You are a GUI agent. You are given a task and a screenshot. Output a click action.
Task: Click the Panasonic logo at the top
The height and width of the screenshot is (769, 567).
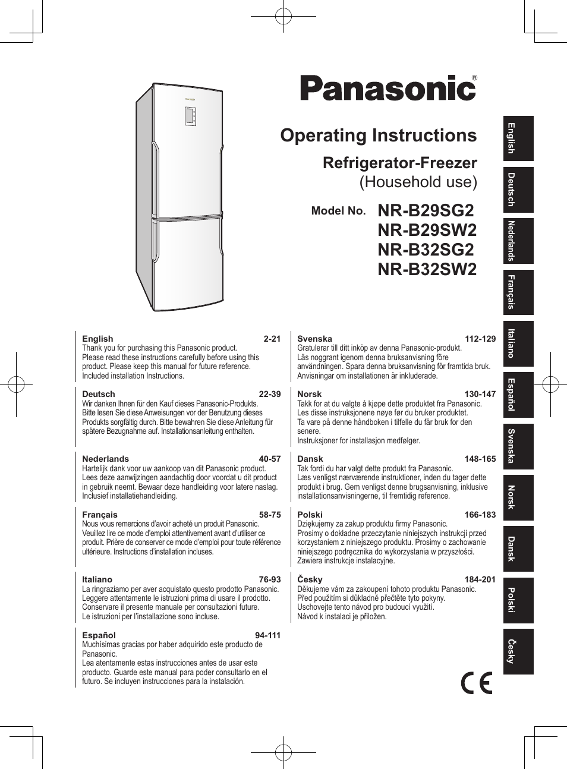pyautogui.click(x=388, y=88)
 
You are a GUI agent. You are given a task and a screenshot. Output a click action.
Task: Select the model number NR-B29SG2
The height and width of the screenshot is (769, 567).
pyautogui.click(x=426, y=210)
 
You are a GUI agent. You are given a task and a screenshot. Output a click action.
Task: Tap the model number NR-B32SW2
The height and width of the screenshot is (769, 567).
pyautogui.click(x=427, y=269)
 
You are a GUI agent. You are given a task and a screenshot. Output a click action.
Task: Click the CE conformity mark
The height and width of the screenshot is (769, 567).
pyautogui.click(x=477, y=683)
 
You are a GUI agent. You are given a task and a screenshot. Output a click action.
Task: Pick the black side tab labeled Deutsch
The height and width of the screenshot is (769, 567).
pyautogui.click(x=518, y=190)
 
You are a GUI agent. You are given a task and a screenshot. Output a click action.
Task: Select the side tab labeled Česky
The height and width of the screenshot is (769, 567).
pyautogui.click(x=518, y=651)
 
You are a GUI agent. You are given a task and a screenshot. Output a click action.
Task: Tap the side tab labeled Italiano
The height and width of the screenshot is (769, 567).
pyautogui.click(x=518, y=343)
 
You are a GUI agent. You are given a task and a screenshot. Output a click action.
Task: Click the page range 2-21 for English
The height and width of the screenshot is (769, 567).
pyautogui.click(x=272, y=339)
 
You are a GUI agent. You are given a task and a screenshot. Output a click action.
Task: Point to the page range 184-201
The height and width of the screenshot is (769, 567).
pyautogui.click(x=480, y=579)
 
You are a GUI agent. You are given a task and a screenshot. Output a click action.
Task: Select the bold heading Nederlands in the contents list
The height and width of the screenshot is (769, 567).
pyautogui.click(x=105, y=459)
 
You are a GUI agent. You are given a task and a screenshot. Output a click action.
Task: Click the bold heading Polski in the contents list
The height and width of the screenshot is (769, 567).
pyautogui.click(x=310, y=515)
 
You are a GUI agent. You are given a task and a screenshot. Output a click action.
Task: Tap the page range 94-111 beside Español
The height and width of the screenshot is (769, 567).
pyautogui.click(x=267, y=635)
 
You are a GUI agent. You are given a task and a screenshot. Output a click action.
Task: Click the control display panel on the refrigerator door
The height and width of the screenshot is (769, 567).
pyautogui.click(x=190, y=116)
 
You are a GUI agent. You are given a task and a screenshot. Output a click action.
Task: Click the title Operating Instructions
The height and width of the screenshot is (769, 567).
pyautogui.click(x=378, y=135)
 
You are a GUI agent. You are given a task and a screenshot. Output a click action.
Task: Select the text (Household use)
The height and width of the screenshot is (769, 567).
pyautogui.click(x=418, y=182)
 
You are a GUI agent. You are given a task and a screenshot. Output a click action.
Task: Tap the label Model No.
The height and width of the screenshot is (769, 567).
pyautogui.click(x=338, y=211)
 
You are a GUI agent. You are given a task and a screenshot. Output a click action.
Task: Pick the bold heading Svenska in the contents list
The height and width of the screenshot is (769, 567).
pyautogui.click(x=314, y=339)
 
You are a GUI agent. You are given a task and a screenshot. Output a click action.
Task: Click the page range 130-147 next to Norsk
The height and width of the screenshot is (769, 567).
pyautogui.click(x=480, y=394)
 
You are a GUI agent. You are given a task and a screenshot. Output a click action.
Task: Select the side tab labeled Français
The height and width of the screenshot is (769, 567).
pyautogui.click(x=518, y=292)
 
